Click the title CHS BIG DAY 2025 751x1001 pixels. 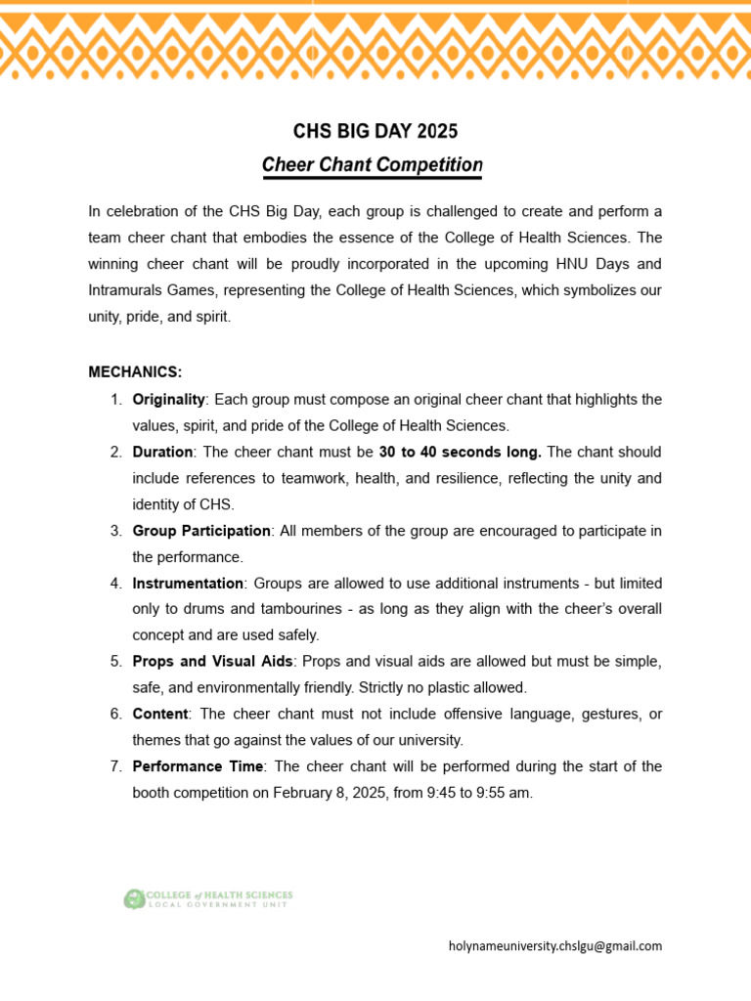(x=375, y=131)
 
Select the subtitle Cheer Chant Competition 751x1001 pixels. (x=372, y=165)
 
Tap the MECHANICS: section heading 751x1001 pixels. (x=135, y=372)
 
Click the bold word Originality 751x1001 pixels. (x=168, y=399)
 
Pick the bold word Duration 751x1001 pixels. (x=162, y=452)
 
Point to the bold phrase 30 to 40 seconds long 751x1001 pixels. (x=460, y=452)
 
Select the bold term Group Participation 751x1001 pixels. (x=201, y=531)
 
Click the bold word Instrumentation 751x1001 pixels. (x=188, y=583)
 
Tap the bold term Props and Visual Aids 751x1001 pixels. (x=212, y=662)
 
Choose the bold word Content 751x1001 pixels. (x=159, y=714)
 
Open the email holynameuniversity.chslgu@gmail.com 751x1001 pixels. (x=554, y=946)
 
